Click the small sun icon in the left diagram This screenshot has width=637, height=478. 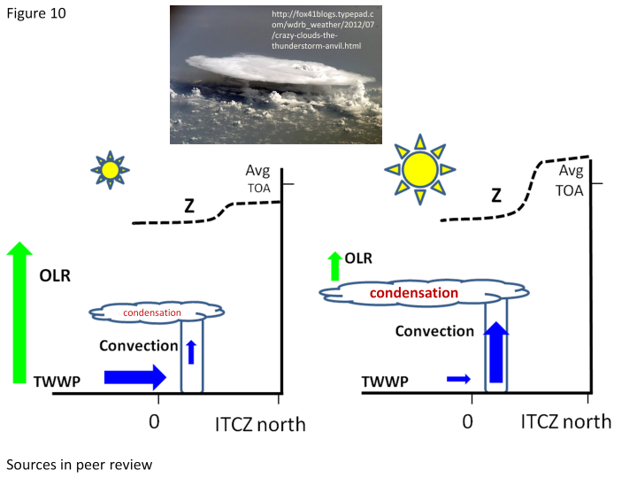[x=110, y=170]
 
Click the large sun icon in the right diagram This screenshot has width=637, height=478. [x=420, y=169]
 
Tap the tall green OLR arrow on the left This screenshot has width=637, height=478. [x=19, y=312]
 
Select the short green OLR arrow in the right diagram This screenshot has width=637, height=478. [x=334, y=266]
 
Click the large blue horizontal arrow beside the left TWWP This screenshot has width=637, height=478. [x=135, y=377]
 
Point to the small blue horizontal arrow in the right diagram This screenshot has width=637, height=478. [x=458, y=379]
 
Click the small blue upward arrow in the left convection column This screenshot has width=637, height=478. [x=191, y=352]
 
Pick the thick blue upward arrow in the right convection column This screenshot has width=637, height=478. [x=496, y=351]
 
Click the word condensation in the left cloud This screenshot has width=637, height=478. [x=152, y=312]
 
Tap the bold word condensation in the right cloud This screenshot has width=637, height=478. [x=414, y=293]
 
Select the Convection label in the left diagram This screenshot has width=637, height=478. [x=139, y=345]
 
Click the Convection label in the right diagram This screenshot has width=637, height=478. [x=434, y=331]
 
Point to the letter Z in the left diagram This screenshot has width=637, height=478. [x=189, y=206]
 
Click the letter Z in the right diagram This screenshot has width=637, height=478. [x=496, y=196]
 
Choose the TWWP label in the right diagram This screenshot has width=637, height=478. [x=385, y=382]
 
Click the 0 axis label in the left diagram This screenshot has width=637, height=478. [x=154, y=422]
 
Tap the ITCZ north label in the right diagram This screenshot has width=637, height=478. [x=566, y=422]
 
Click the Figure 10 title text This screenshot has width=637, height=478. [x=36, y=13]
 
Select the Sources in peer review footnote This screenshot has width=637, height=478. [x=80, y=465]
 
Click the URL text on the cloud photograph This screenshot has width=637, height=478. [x=323, y=30]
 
